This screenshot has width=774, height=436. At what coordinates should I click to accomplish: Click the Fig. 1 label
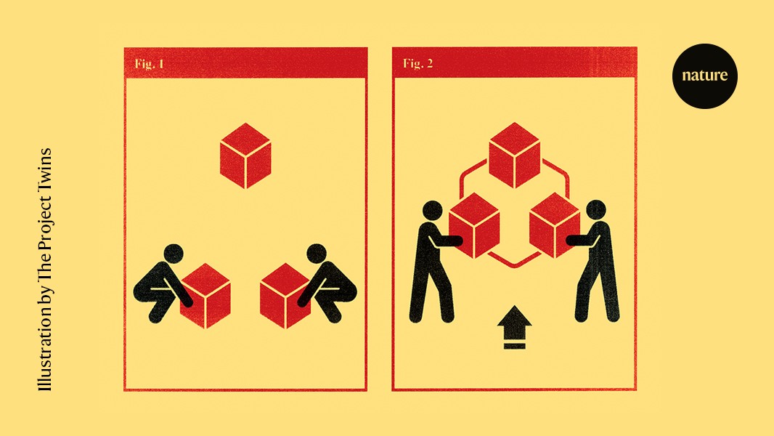point(149,64)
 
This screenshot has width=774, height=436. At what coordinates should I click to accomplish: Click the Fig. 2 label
point(417,64)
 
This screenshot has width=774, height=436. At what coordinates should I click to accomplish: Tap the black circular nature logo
point(704,76)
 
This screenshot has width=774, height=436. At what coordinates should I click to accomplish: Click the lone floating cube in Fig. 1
point(245,156)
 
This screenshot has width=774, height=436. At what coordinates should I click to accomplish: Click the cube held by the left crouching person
point(205,295)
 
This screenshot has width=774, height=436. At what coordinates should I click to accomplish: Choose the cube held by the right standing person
point(555,225)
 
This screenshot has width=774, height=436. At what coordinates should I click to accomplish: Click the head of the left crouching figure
point(174,254)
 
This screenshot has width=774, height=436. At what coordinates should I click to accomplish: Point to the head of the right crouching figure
point(317,254)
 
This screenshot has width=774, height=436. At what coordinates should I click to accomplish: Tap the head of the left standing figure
point(432,211)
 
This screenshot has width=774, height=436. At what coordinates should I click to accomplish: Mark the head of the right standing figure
point(597,211)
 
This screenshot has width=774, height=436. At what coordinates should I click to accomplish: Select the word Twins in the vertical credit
point(45,166)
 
